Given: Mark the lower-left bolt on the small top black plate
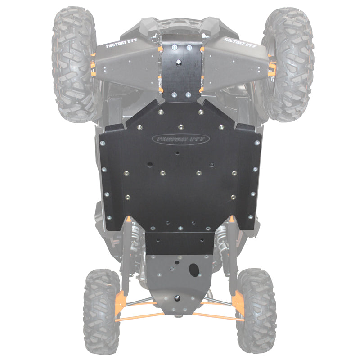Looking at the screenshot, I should pyautogui.click(x=174, y=95).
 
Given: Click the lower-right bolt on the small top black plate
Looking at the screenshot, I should pyautogui.click(x=189, y=95).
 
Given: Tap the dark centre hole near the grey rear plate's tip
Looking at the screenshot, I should pyautogui.click(x=176, y=298).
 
